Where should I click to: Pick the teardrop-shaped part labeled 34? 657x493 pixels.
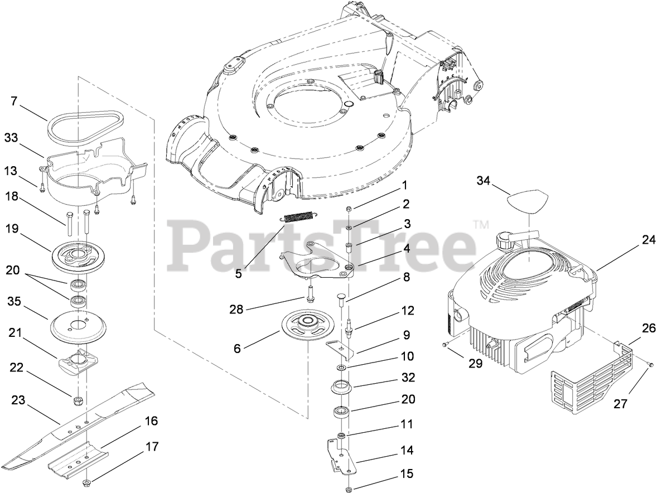pos(528,201)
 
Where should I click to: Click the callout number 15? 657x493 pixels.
pos(407,474)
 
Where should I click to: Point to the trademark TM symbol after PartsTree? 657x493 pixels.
pos(480,225)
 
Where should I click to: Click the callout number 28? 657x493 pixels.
pos(236,309)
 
